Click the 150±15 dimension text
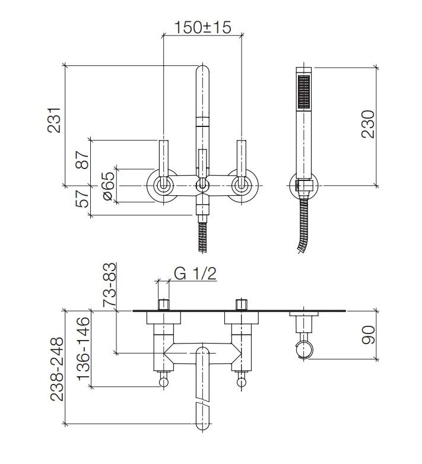[202, 27]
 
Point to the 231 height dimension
[54, 120]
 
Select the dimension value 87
[82, 160]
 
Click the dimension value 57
[82, 195]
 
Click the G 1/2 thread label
[195, 274]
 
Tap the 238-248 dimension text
[56, 370]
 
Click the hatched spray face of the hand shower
[304, 91]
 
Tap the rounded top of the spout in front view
[202, 74]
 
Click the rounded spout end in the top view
[202, 418]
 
